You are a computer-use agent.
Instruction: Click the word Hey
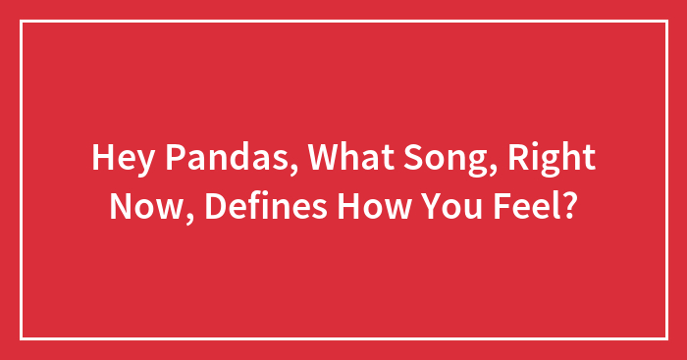[x=119, y=158]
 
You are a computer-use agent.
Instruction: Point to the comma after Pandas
[x=266, y=170]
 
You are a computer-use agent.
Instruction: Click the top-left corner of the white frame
[x=22, y=22]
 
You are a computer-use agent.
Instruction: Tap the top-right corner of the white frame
[x=665, y=22]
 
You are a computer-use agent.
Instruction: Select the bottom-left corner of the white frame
[x=22, y=338]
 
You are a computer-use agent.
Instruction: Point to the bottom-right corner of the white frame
[x=665, y=338]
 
